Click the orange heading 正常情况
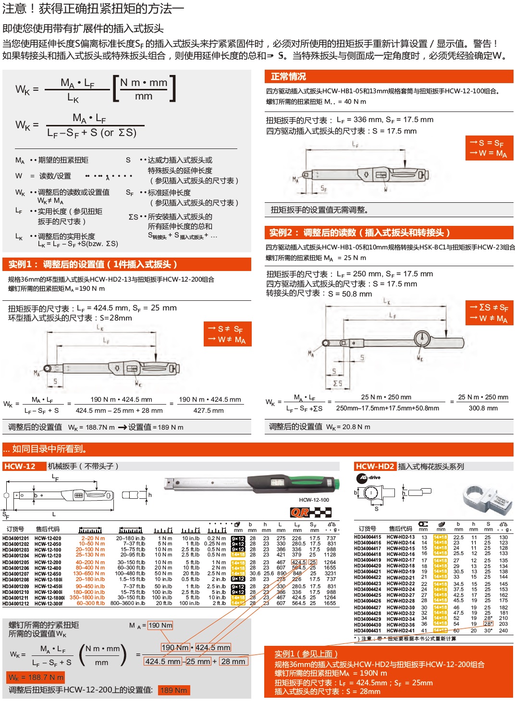tap(288, 76)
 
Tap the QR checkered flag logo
tap(310, 512)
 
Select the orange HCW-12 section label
tap(20, 466)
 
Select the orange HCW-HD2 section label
tap(375, 466)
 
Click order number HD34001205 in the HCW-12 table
tap(15, 562)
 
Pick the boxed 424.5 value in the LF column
tap(298, 562)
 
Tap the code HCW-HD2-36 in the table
tap(401, 625)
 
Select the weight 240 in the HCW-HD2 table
tap(503, 630)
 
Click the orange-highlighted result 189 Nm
tap(173, 690)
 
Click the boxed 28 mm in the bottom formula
tap(233, 661)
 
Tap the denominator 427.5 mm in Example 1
tap(208, 410)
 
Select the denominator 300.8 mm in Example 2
tap(483, 408)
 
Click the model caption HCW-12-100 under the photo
tap(314, 500)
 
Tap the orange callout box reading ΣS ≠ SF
tap(489, 313)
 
